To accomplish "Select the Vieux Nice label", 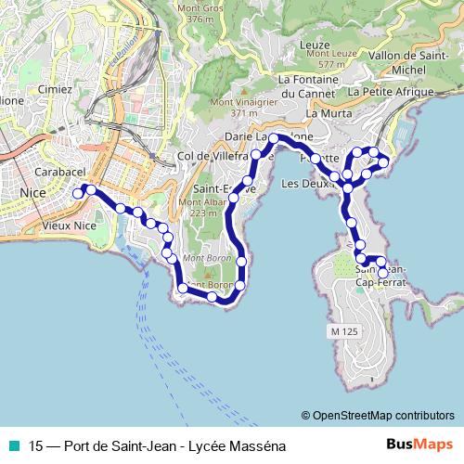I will pyautogui.click(x=69, y=225).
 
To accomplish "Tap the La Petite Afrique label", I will pyautogui.click(x=392, y=93).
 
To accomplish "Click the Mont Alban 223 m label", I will pyautogui.click(x=203, y=207).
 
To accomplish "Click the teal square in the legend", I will pyautogui.click(x=13, y=445).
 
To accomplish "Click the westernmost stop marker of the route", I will pyautogui.click(x=78, y=193).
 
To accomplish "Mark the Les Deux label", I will pyautogui.click(x=307, y=184).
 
